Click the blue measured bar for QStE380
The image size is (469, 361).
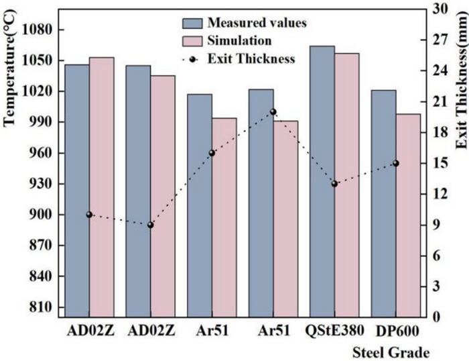pyautogui.click(x=322, y=181)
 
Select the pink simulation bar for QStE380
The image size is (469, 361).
pyautogui.click(x=346, y=185)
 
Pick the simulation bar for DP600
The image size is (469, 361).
pyautogui.click(x=408, y=215)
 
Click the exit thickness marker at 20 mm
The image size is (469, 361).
pyautogui.click(x=273, y=112)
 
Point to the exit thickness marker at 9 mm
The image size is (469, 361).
pyautogui.click(x=150, y=225)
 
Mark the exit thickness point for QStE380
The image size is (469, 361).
pyautogui.click(x=334, y=183)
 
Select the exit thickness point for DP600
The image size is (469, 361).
pyautogui.click(x=395, y=163)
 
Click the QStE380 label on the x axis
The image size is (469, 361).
pyautogui.click(x=334, y=331)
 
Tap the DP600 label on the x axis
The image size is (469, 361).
pyautogui.click(x=395, y=331)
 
